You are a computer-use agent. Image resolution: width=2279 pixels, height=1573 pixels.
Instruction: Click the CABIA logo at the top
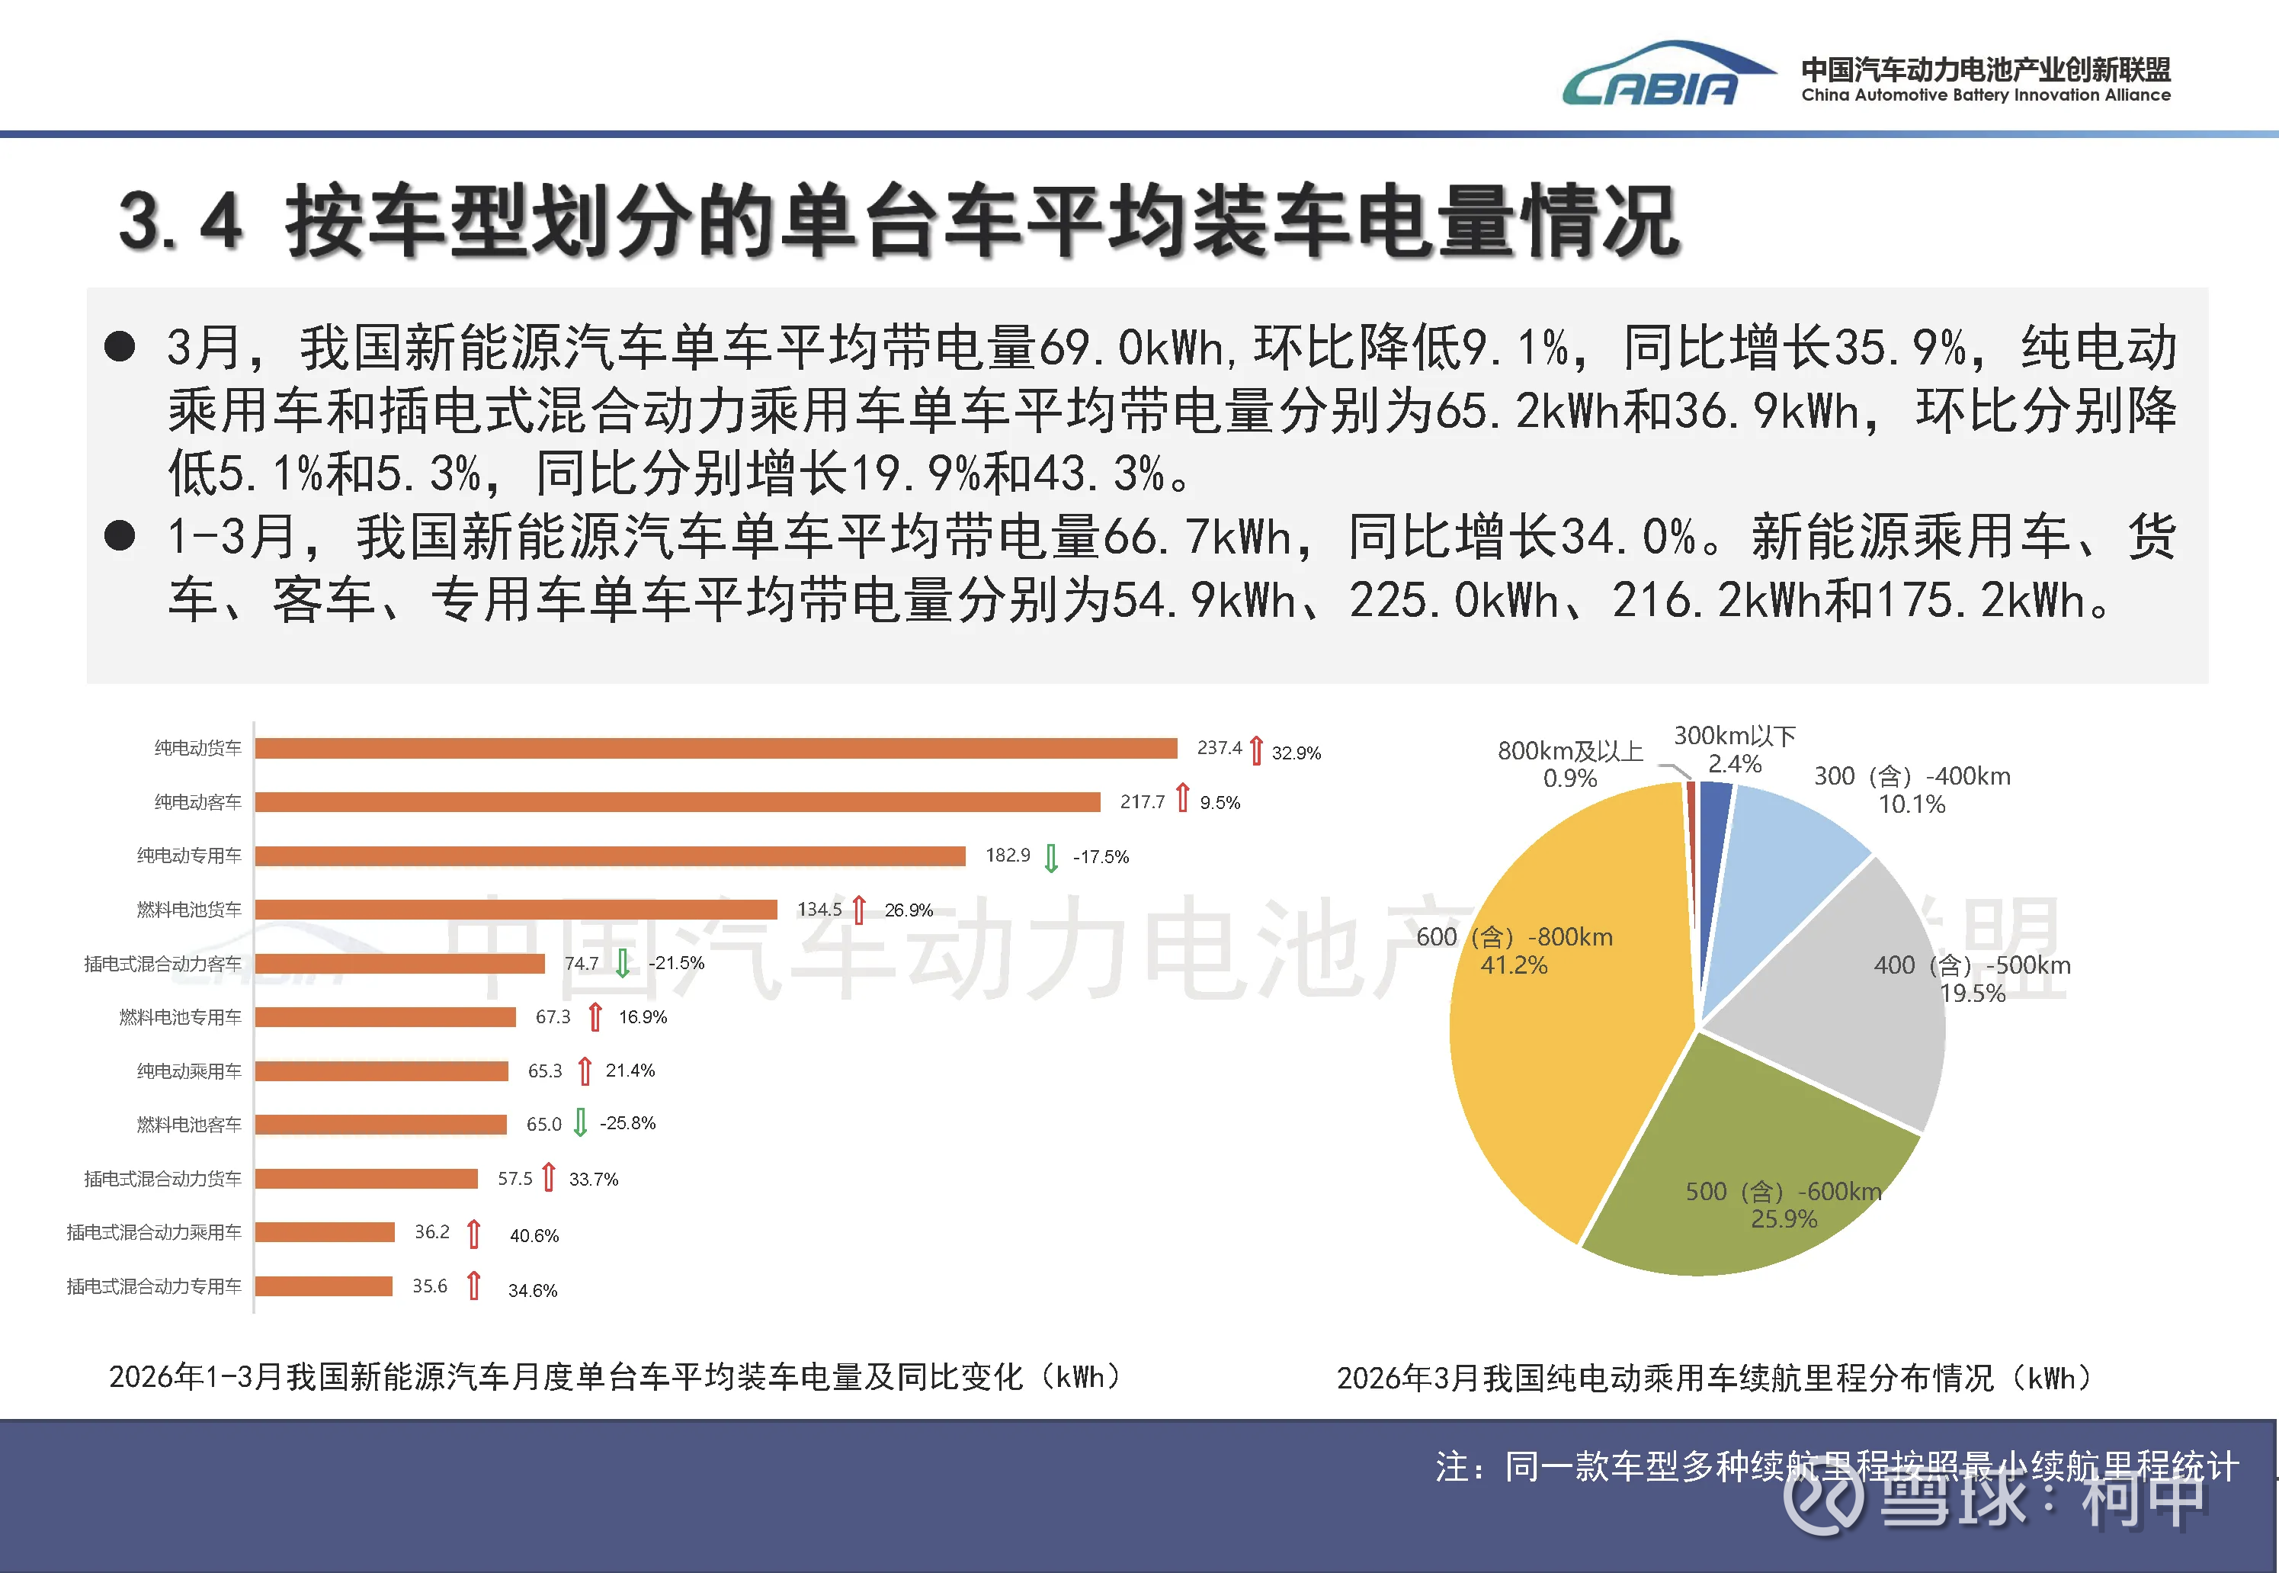tap(1665, 75)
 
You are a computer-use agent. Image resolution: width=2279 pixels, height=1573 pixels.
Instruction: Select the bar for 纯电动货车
tap(715, 748)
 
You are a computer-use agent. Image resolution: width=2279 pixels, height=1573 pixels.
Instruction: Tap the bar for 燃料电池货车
tap(515, 909)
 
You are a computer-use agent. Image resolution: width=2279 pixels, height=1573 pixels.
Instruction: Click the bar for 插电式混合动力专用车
tap(323, 1286)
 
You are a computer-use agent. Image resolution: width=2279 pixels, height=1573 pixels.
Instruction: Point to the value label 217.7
tap(1142, 802)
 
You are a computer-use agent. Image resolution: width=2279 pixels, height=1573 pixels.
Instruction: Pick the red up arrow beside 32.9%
tap(1256, 750)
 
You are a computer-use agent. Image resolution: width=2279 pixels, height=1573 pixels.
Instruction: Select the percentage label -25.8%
tap(627, 1124)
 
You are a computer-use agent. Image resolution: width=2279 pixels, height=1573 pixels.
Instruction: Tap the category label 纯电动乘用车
tap(189, 1071)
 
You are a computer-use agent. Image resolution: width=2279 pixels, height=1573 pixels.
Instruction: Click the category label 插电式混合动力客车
tap(162, 964)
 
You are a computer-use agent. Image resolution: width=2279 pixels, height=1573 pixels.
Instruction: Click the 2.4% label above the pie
tap(1734, 764)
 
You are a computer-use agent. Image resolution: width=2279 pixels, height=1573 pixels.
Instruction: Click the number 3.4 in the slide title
tap(181, 221)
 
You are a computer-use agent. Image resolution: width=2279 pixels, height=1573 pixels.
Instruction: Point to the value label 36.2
tap(431, 1232)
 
